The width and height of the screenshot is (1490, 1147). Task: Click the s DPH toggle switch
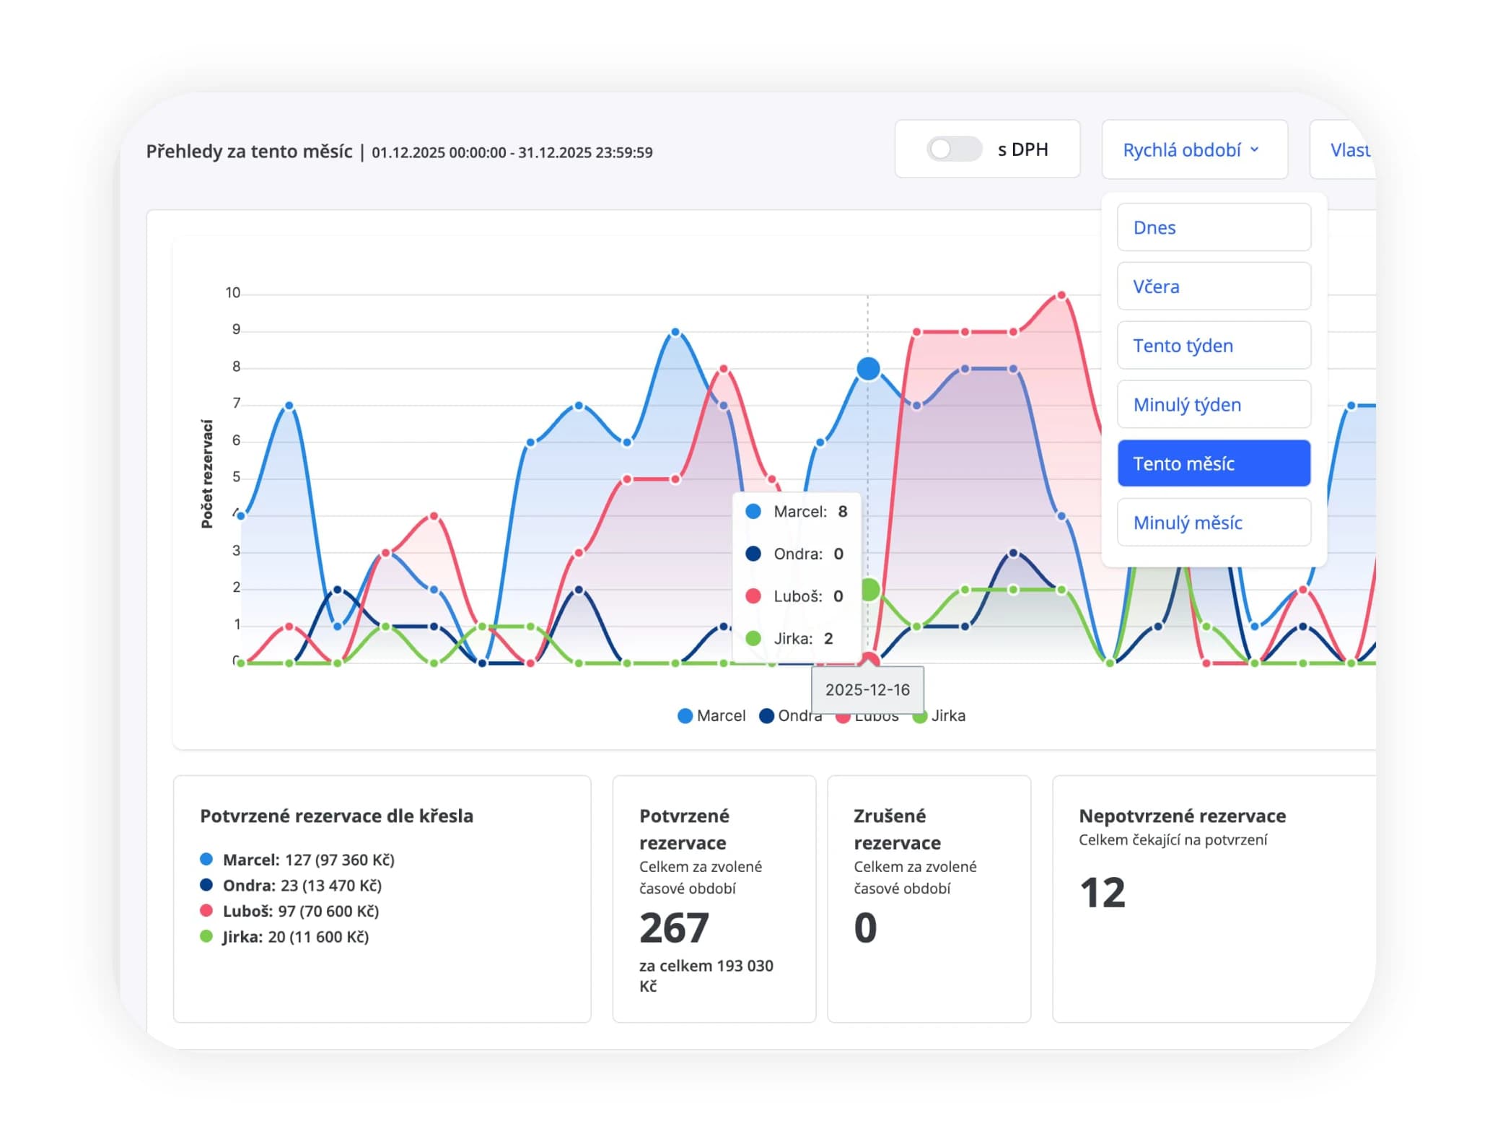point(954,149)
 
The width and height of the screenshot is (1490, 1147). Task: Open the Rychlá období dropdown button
point(1194,149)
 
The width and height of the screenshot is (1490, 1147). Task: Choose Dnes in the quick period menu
point(1214,227)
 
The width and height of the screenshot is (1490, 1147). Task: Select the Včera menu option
point(1214,287)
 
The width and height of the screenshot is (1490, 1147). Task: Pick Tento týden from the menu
point(1214,346)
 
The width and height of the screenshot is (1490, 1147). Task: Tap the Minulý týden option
point(1214,405)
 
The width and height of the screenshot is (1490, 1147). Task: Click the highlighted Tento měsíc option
point(1214,463)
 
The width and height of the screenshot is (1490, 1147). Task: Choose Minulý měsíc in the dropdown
point(1214,523)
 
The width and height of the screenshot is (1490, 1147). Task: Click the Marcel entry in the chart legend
point(711,715)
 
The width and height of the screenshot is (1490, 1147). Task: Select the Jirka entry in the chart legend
point(939,715)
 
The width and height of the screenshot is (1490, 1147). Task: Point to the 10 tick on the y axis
point(232,293)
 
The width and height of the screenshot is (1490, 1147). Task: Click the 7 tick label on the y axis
point(236,404)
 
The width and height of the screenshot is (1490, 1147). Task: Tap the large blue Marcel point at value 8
point(868,369)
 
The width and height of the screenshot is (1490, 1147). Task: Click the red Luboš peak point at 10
point(1061,295)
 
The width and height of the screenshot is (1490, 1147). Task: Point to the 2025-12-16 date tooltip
point(867,690)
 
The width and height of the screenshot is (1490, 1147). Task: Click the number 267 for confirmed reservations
point(674,928)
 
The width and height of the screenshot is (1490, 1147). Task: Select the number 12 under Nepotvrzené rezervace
point(1103,893)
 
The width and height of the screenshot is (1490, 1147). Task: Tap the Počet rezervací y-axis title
point(207,474)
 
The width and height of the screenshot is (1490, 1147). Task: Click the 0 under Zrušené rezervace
point(865,928)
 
